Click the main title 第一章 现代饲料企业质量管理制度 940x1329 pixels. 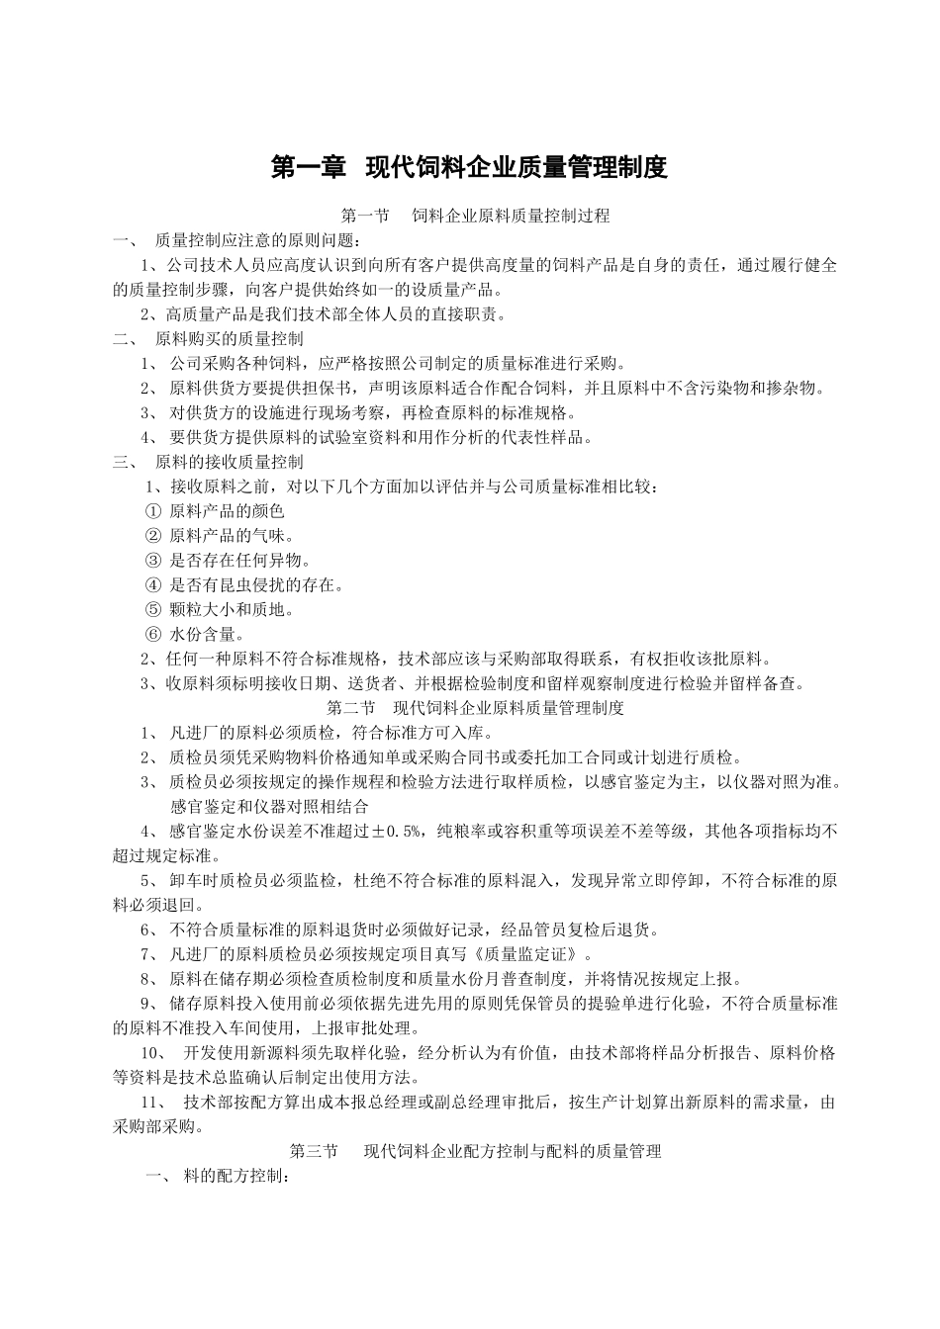[x=469, y=167]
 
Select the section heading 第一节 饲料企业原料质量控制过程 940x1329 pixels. [x=475, y=216]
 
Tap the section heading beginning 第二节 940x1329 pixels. [x=475, y=708]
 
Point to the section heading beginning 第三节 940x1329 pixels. [x=475, y=1152]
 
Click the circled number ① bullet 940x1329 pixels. [x=152, y=511]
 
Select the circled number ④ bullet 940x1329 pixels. [x=152, y=585]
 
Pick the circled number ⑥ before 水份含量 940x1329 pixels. [x=152, y=635]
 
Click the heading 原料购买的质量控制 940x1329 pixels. [x=230, y=339]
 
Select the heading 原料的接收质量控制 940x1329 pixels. [x=230, y=462]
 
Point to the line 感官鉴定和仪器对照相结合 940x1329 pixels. [x=269, y=807]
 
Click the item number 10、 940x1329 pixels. [x=155, y=1054]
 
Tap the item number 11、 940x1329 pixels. [x=155, y=1103]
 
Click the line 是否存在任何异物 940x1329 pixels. [x=234, y=561]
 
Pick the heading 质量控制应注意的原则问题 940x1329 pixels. [x=258, y=240]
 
